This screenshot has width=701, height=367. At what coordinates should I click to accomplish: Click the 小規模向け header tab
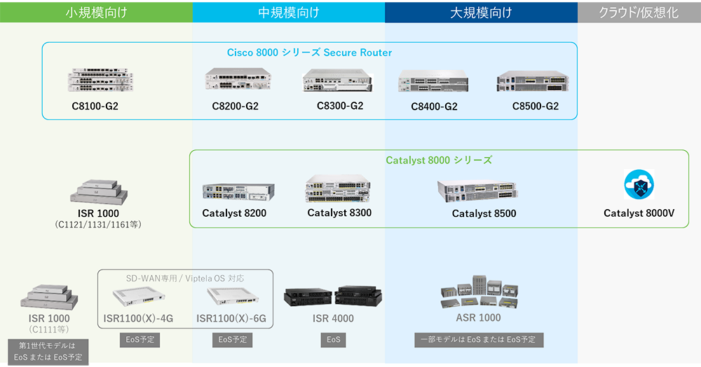[x=96, y=12]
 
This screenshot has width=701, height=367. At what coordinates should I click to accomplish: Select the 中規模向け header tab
[x=289, y=12]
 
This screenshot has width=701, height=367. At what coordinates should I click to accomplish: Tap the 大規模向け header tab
[x=481, y=12]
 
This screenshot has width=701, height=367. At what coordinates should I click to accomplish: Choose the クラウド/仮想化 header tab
[x=639, y=12]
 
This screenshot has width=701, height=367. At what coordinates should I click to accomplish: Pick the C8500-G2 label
[x=535, y=107]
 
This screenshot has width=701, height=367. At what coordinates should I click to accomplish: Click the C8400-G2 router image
[x=433, y=81]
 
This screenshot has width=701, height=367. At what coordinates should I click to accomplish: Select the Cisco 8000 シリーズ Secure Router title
[x=309, y=53]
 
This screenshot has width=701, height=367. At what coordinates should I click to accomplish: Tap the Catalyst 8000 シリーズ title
[x=439, y=160]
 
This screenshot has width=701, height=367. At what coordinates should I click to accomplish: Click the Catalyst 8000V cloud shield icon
[x=639, y=185]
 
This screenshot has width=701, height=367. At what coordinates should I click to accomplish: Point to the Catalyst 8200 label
[x=234, y=213]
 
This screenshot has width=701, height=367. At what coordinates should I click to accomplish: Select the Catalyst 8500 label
[x=484, y=213]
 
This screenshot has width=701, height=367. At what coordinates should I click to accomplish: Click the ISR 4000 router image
[x=333, y=297]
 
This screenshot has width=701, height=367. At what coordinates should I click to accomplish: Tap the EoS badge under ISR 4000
[x=333, y=340]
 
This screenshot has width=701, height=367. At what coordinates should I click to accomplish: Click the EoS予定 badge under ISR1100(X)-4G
[x=139, y=340]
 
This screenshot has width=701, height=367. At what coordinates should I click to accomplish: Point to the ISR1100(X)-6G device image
[x=232, y=297]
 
